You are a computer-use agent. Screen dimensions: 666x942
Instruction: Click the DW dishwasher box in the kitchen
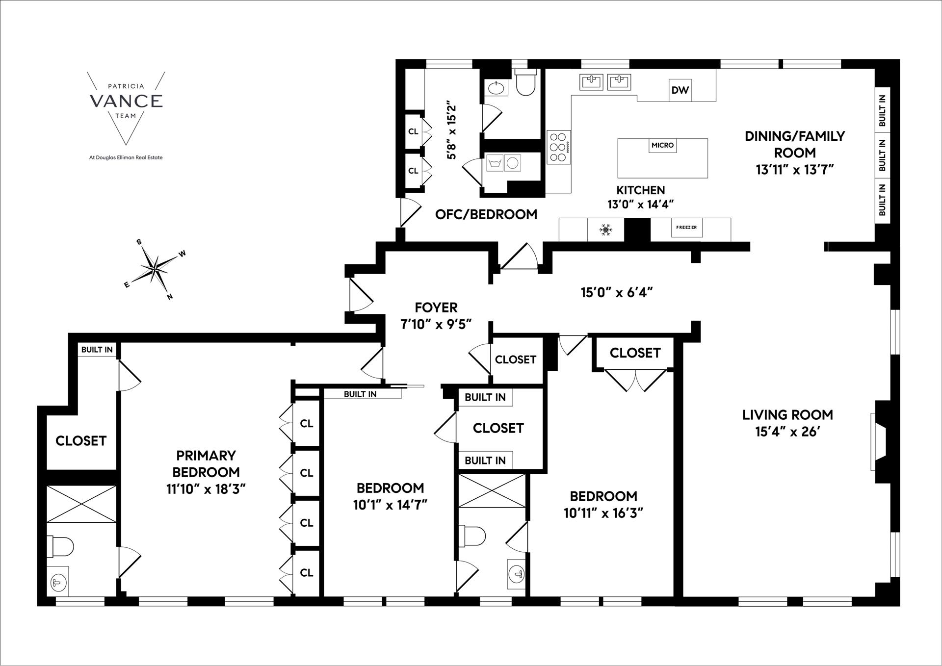[680, 90]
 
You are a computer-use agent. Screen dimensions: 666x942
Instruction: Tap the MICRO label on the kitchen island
[662, 145]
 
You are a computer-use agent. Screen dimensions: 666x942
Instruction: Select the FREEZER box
[686, 228]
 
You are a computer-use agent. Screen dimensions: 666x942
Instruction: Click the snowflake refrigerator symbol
[606, 230]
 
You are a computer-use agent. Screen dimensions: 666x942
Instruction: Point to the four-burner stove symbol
[559, 147]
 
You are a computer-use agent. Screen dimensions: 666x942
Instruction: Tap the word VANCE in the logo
[126, 101]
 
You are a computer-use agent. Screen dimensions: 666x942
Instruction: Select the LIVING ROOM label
[787, 415]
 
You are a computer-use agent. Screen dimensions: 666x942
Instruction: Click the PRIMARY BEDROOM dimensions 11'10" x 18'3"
[206, 489]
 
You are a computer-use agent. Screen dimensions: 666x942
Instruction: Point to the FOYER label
[436, 307]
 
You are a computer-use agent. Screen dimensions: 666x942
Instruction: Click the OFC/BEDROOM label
[486, 214]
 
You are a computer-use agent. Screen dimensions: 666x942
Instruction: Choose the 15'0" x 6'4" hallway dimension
[617, 293]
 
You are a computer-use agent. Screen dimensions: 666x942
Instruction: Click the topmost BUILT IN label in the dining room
[882, 110]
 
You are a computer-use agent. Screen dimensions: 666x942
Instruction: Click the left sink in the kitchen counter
[591, 81]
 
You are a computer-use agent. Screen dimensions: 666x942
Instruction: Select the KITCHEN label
[640, 190]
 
